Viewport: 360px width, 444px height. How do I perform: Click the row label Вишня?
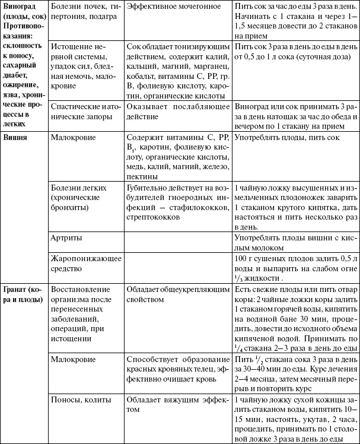(x=15, y=137)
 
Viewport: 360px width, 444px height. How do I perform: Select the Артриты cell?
(x=66, y=237)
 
